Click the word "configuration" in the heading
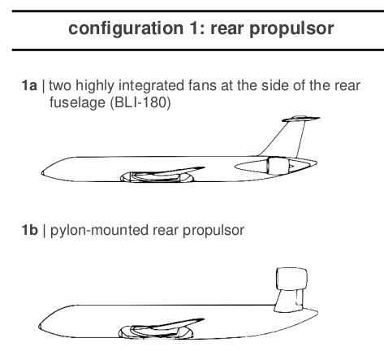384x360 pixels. pyautogui.click(x=126, y=28)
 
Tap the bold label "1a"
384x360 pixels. pyautogui.click(x=29, y=85)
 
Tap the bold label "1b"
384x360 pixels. pyautogui.click(x=29, y=230)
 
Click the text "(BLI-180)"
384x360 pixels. pyautogui.click(x=140, y=102)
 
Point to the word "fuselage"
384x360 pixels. pyautogui.click(x=77, y=102)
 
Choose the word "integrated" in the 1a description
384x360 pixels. pyautogui.click(x=151, y=85)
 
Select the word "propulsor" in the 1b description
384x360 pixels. pyautogui.click(x=214, y=231)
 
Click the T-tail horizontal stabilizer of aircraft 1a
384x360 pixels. pyautogui.click(x=300, y=119)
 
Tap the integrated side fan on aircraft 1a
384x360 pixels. pyautogui.click(x=278, y=166)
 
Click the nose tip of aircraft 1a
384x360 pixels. pyautogui.click(x=41, y=172)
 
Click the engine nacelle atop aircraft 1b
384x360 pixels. pyautogui.click(x=291, y=280)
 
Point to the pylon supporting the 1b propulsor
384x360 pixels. pyautogui.click(x=289, y=301)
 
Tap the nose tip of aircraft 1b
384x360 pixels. pyautogui.click(x=39, y=326)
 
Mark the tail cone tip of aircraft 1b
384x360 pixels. pyautogui.click(x=317, y=313)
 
